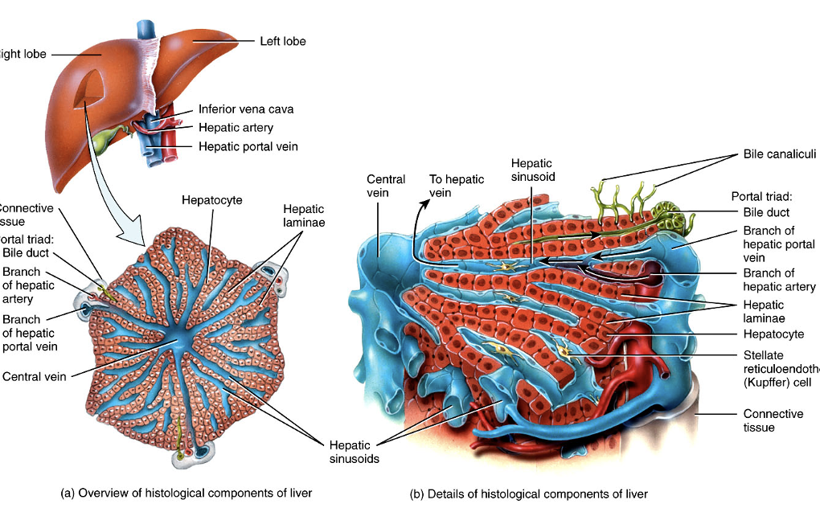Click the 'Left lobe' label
(x=282, y=41)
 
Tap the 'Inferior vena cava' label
(x=245, y=109)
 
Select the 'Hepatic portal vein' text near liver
(x=248, y=146)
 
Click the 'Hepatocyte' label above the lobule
(x=211, y=200)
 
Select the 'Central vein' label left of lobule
(x=35, y=375)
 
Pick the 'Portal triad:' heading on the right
(x=761, y=196)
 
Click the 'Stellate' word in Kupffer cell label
(x=763, y=355)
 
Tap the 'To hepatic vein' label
(x=456, y=186)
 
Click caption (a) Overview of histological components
(x=187, y=493)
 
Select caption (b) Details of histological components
(x=528, y=494)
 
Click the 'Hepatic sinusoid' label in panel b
(x=532, y=169)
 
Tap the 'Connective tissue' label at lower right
(x=773, y=420)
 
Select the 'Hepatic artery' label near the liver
(x=236, y=128)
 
